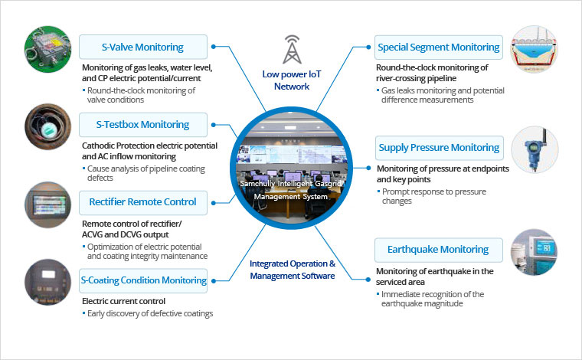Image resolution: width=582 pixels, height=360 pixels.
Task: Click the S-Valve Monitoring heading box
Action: [x=143, y=47]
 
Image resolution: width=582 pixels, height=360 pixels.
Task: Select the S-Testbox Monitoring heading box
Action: [x=143, y=124]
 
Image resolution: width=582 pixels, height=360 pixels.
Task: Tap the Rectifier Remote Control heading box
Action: [x=143, y=201]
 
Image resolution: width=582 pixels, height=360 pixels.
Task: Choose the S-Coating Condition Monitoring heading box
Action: [x=143, y=280]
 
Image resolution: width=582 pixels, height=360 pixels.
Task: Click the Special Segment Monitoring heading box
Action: [x=438, y=47]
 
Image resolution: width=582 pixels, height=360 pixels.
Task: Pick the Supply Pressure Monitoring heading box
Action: [x=438, y=147]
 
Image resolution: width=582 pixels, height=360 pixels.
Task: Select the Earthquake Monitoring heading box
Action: [x=438, y=249]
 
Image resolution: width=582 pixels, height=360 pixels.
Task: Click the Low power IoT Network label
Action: [x=292, y=80]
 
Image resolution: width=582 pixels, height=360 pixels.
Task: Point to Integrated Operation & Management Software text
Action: [x=292, y=270]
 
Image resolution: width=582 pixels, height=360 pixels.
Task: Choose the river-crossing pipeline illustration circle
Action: [x=534, y=51]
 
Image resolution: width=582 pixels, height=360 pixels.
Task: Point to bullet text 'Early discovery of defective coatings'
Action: [x=150, y=313]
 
